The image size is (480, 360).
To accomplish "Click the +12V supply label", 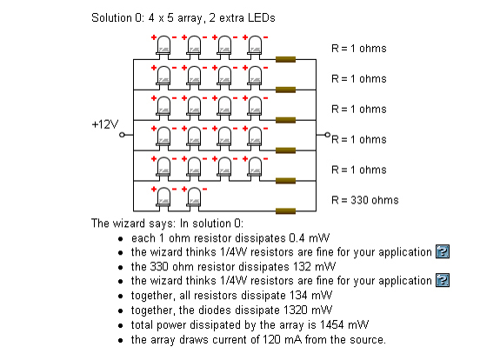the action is [x=105, y=124].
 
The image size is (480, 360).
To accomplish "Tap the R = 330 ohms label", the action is [x=365, y=200].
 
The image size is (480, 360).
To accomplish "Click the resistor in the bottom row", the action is [x=285, y=211].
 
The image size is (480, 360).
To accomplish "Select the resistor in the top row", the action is [x=285, y=59].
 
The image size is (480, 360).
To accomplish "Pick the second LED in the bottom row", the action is [x=194, y=197].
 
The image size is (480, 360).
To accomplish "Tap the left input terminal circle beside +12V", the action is [x=122, y=135].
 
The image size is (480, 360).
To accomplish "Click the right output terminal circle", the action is [x=327, y=135].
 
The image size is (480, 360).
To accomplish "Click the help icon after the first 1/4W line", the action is [x=443, y=251].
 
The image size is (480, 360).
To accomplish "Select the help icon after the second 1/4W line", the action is [x=443, y=280].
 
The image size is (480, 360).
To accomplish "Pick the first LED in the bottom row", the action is [x=163, y=197].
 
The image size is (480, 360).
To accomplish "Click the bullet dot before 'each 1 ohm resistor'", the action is [x=121, y=239].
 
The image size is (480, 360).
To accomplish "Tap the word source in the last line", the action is [x=368, y=339].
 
